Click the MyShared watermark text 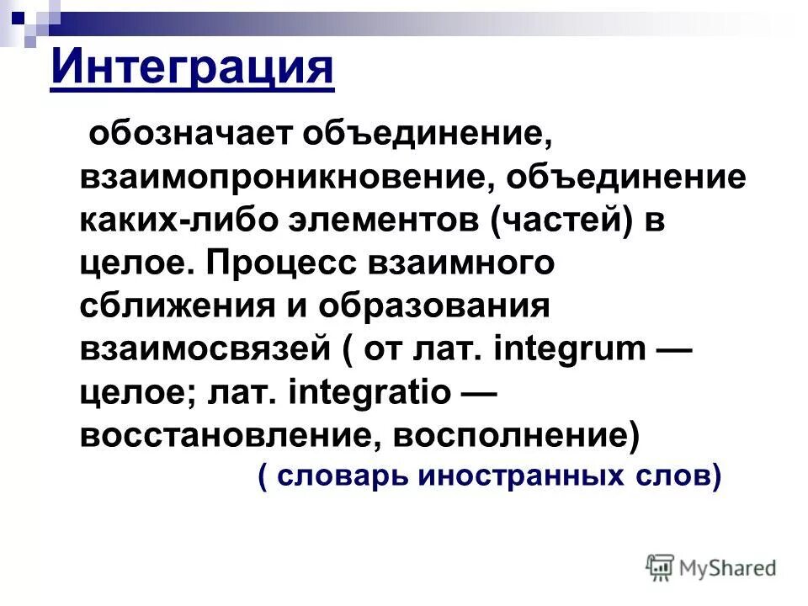click(727, 568)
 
